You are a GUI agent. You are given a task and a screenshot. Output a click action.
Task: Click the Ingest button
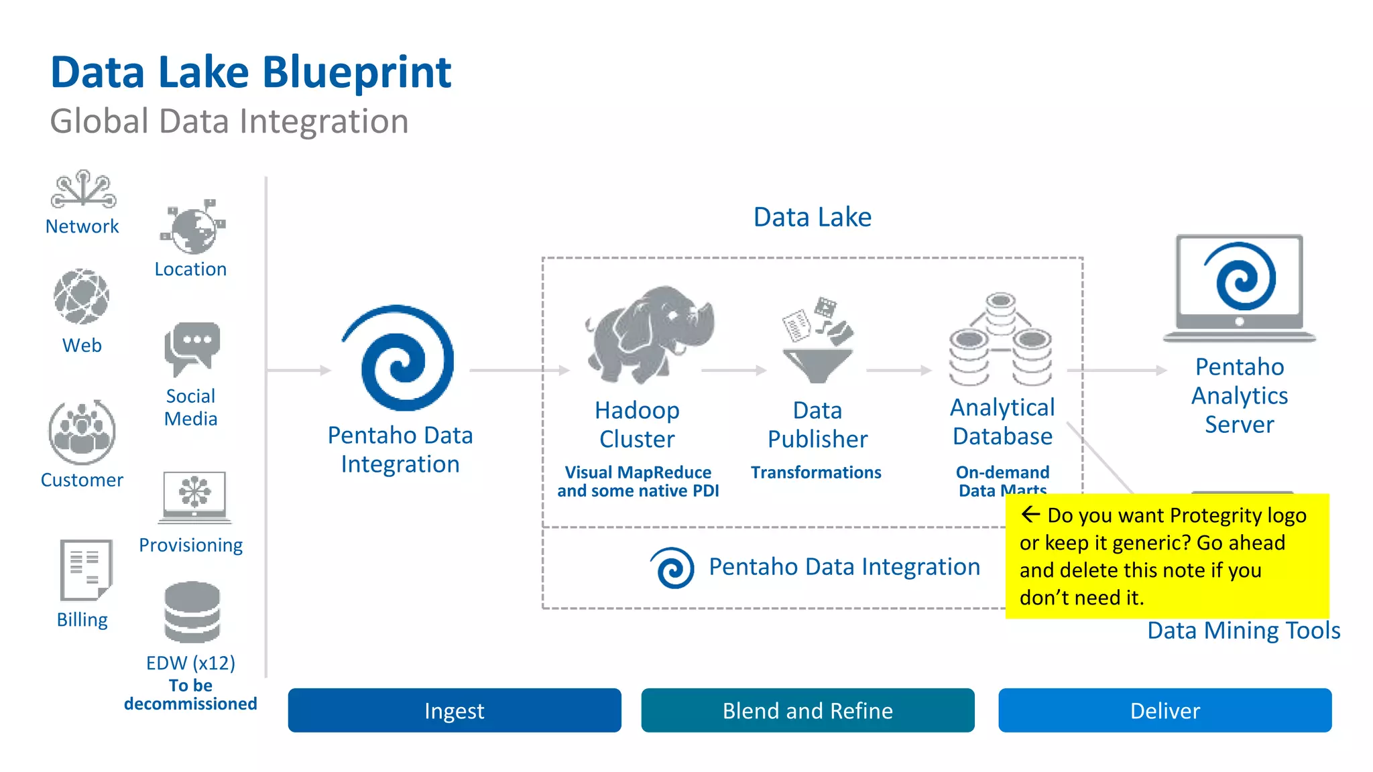[x=454, y=710]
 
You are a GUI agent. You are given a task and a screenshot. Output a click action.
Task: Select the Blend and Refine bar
[x=807, y=710]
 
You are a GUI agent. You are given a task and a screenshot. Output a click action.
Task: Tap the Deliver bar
[x=1165, y=710]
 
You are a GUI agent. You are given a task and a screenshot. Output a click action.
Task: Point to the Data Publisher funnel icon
[x=817, y=341]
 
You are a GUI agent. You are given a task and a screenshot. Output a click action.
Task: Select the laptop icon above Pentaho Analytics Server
[x=1239, y=288]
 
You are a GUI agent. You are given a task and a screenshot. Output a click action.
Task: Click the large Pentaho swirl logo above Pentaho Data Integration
[x=400, y=358]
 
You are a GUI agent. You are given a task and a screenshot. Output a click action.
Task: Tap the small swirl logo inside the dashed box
[x=672, y=568]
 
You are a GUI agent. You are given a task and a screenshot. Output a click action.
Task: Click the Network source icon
[x=82, y=189]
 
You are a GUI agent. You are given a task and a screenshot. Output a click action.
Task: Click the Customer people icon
[x=82, y=432]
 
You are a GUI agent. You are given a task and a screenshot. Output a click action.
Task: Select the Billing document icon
[x=85, y=570]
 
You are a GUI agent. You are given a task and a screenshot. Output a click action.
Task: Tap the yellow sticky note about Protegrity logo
[x=1167, y=556]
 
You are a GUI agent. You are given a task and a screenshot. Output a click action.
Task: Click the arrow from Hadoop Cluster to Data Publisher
[x=733, y=370]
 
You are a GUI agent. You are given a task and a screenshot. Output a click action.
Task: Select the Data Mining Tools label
[x=1243, y=631]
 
